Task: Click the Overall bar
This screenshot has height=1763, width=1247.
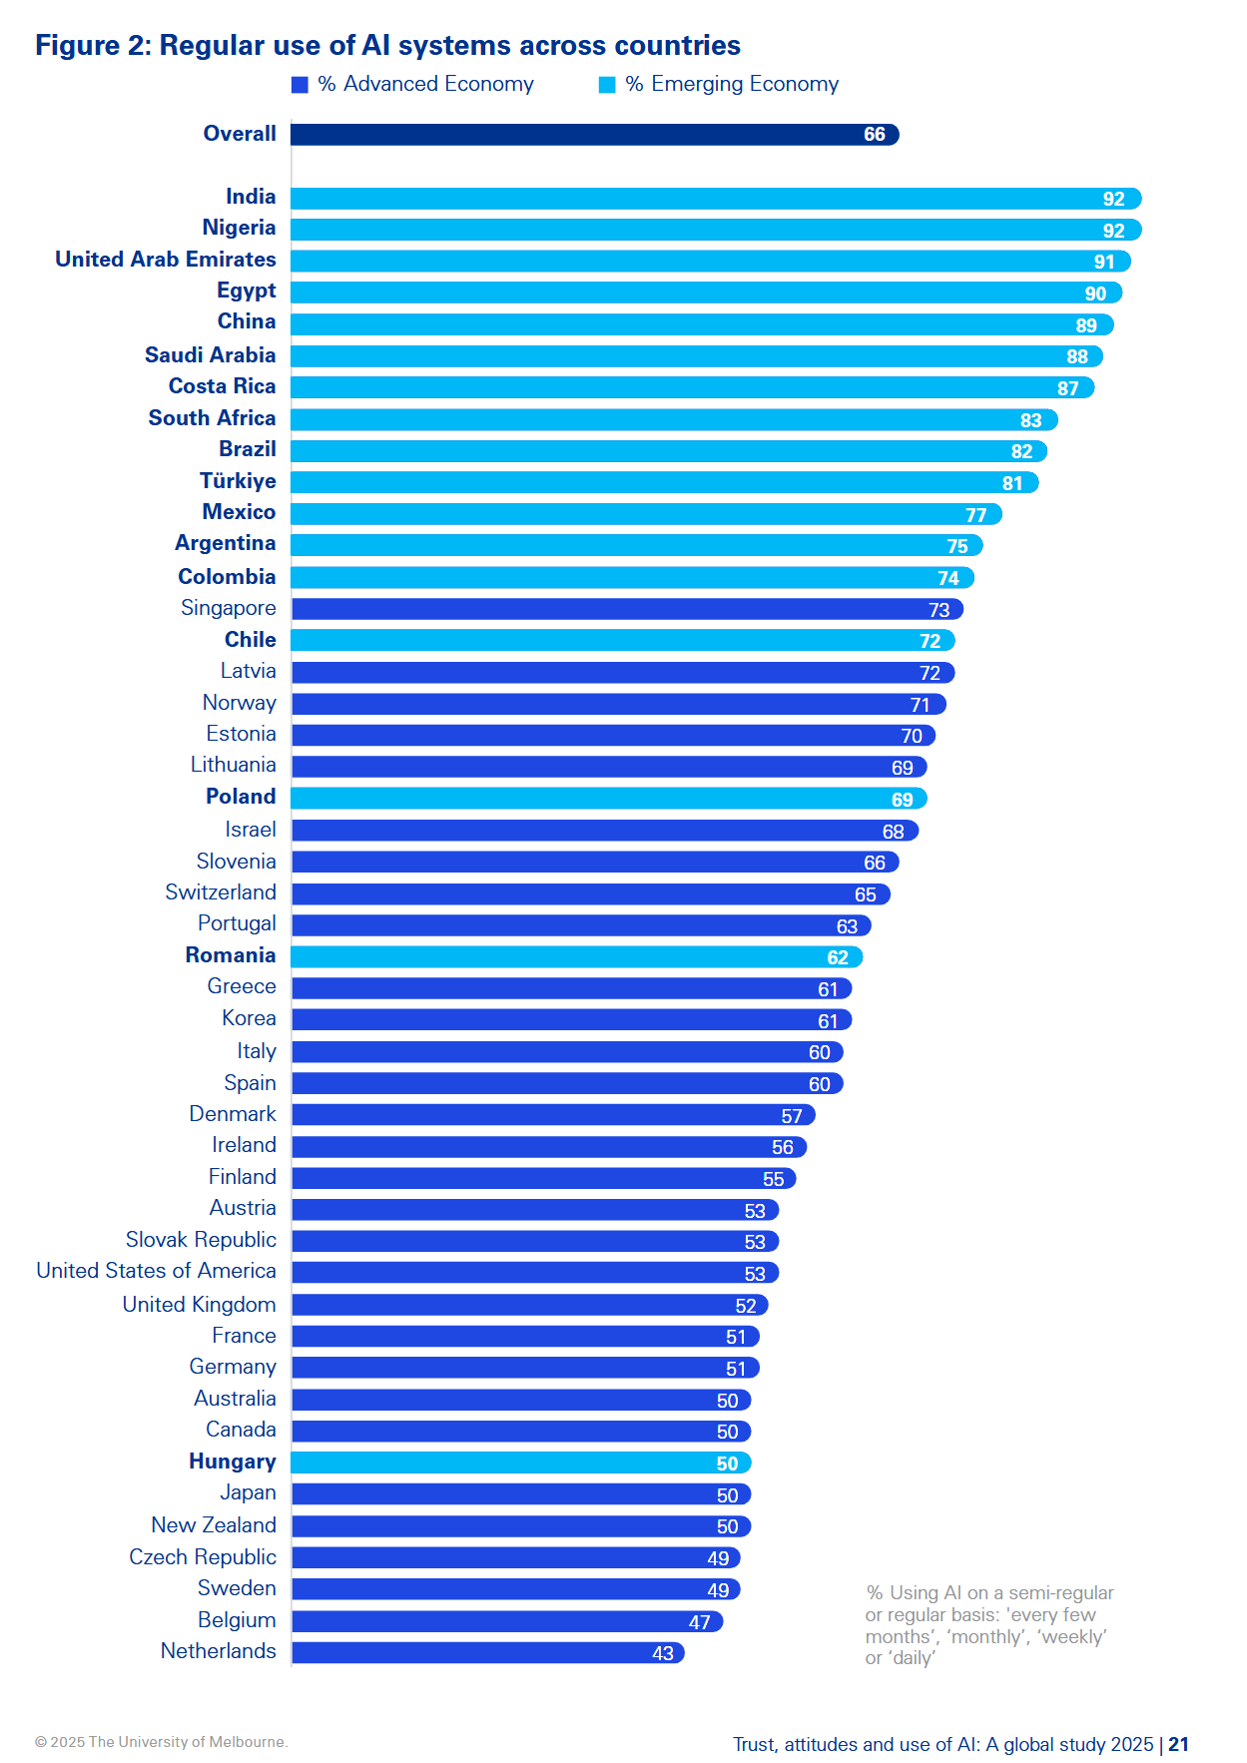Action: (595, 134)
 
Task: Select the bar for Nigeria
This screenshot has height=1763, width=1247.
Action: (716, 230)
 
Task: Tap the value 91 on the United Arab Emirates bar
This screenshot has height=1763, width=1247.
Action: (1104, 262)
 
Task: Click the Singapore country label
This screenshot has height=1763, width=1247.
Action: (229, 608)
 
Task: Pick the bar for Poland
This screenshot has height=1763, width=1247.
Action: (609, 799)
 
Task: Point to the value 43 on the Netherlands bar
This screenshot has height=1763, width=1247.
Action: (663, 1653)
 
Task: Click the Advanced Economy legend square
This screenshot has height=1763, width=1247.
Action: (300, 85)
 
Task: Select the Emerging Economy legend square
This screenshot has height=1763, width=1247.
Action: (607, 85)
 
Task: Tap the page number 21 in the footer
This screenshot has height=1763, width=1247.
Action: (1179, 1744)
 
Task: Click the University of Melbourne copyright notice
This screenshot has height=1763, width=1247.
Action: (162, 1742)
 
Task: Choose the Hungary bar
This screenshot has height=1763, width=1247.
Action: (521, 1463)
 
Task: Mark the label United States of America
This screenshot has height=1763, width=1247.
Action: (157, 1271)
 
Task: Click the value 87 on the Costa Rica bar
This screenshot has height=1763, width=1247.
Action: (1068, 388)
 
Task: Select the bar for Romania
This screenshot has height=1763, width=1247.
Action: (577, 956)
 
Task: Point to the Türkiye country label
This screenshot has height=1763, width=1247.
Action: (238, 481)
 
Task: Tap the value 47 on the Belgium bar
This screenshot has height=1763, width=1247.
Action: (700, 1622)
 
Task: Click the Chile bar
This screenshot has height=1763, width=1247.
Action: (623, 640)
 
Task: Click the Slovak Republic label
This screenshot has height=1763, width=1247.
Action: (201, 1240)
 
